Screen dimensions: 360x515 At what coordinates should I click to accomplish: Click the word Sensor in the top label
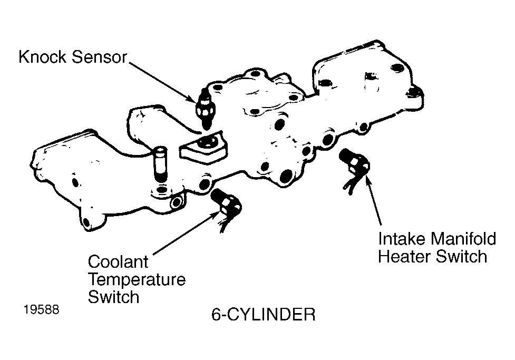point(100,57)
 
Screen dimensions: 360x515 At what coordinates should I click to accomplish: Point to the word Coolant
point(118,262)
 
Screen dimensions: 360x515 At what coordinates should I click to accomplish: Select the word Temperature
point(137,279)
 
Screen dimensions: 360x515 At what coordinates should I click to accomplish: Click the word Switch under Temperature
point(113,297)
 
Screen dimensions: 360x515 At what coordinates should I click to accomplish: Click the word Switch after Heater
point(463,257)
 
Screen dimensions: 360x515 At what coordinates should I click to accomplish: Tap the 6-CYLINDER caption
point(263,315)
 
